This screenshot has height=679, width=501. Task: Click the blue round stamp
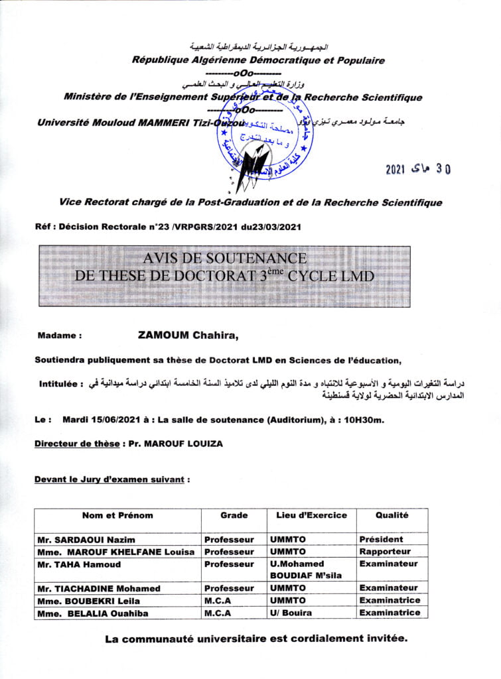(x=261, y=143)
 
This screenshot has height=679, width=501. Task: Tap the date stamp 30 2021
(x=417, y=169)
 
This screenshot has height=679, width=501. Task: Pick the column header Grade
(x=234, y=515)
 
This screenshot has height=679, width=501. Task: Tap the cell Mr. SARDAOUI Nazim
(x=78, y=540)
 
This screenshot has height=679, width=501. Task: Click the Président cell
(x=381, y=540)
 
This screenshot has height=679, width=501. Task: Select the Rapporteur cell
(x=385, y=552)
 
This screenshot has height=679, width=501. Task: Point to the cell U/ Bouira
(x=290, y=613)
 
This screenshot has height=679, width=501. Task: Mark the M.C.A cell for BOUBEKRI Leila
(x=218, y=600)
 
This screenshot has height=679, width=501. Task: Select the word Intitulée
(x=61, y=384)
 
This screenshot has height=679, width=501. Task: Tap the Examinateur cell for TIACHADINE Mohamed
(x=389, y=588)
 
